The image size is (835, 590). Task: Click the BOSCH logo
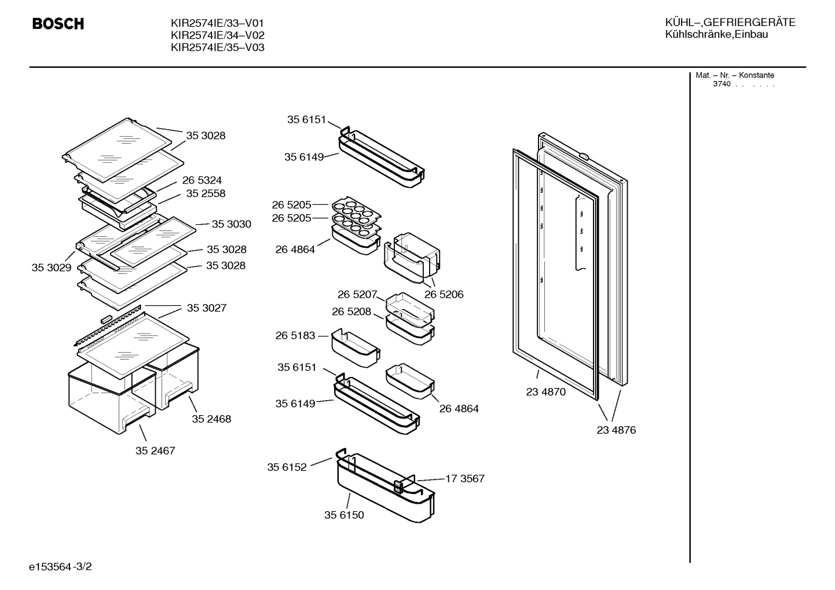[58, 24]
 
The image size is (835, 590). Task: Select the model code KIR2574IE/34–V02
[218, 35]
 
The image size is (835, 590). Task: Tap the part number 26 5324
[202, 181]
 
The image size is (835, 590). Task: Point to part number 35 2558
[206, 193]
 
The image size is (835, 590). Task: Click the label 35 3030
[232, 224]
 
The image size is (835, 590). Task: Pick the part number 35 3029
[52, 267]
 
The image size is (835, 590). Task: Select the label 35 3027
[207, 308]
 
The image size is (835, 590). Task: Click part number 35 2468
[211, 419]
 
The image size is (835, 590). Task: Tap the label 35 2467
[155, 451]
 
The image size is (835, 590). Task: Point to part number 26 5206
[444, 295]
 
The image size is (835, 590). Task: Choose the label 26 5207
[357, 295]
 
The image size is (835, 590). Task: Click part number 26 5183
[295, 336]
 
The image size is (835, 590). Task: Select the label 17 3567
[465, 479]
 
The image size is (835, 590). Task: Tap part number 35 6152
[287, 467]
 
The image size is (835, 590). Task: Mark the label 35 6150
[344, 515]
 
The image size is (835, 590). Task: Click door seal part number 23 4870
[545, 392]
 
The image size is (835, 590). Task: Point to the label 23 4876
[616, 430]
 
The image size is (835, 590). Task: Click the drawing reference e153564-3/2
[60, 567]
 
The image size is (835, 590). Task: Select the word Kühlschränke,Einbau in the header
[716, 35]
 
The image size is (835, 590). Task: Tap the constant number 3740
[722, 84]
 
